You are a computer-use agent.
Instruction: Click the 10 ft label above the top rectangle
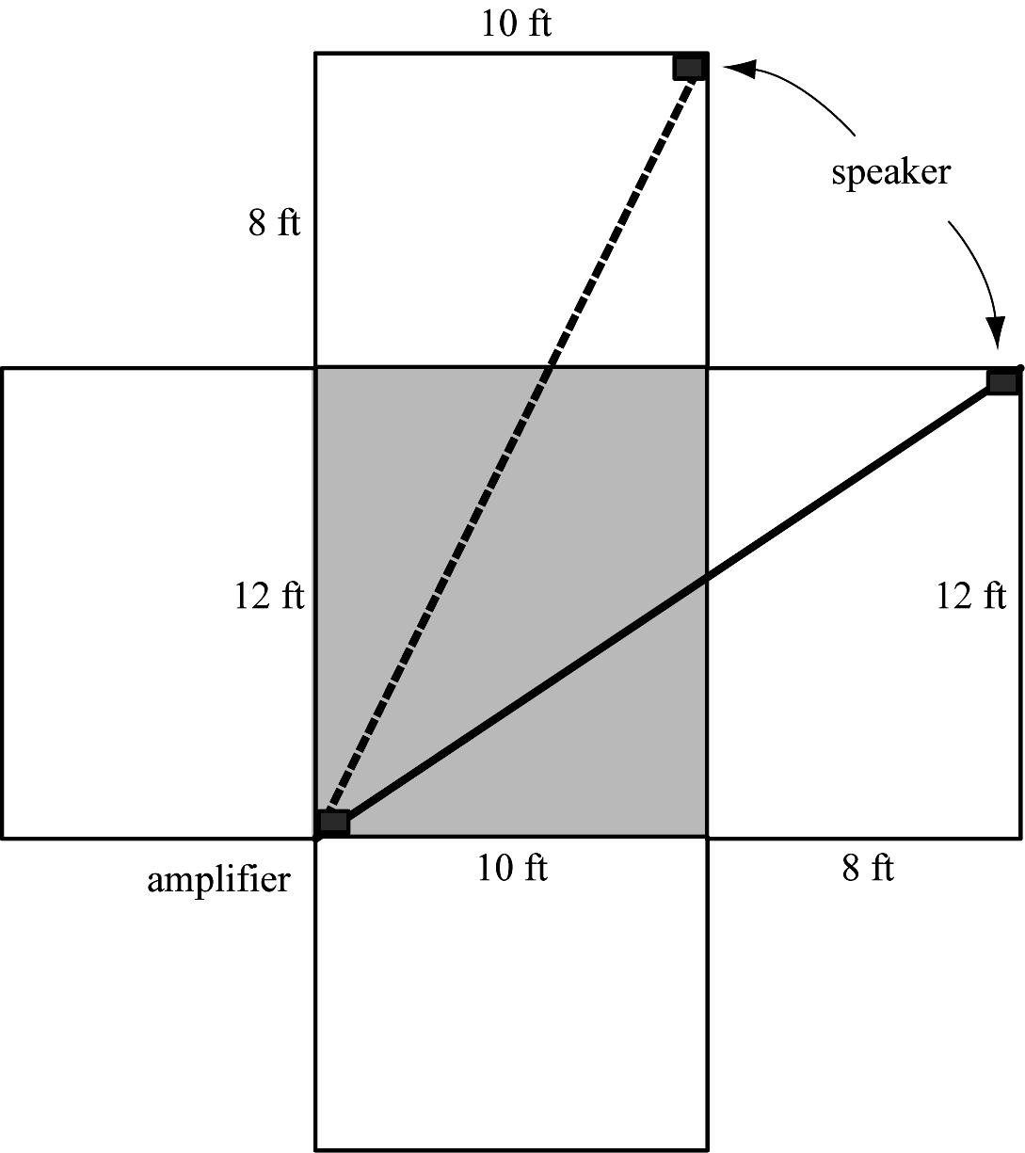click(x=516, y=24)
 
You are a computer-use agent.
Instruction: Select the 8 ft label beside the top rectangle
click(x=274, y=224)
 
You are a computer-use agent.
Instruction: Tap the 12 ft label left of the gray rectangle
click(x=269, y=596)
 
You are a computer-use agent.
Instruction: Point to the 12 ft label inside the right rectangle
click(x=970, y=596)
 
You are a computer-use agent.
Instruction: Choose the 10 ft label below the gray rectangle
click(x=512, y=867)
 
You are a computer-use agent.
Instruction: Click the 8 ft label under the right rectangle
click(x=867, y=867)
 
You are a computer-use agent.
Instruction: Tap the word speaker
click(x=890, y=172)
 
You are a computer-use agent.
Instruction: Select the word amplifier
click(x=218, y=880)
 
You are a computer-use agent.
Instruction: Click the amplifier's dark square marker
click(x=333, y=822)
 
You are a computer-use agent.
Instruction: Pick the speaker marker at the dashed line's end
click(x=690, y=67)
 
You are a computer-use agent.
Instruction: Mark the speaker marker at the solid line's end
click(x=1003, y=381)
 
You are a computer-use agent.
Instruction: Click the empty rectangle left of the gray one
click(x=158, y=602)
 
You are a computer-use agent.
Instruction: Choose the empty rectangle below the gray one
click(x=511, y=993)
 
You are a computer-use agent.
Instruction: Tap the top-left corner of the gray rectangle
click(x=315, y=367)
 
